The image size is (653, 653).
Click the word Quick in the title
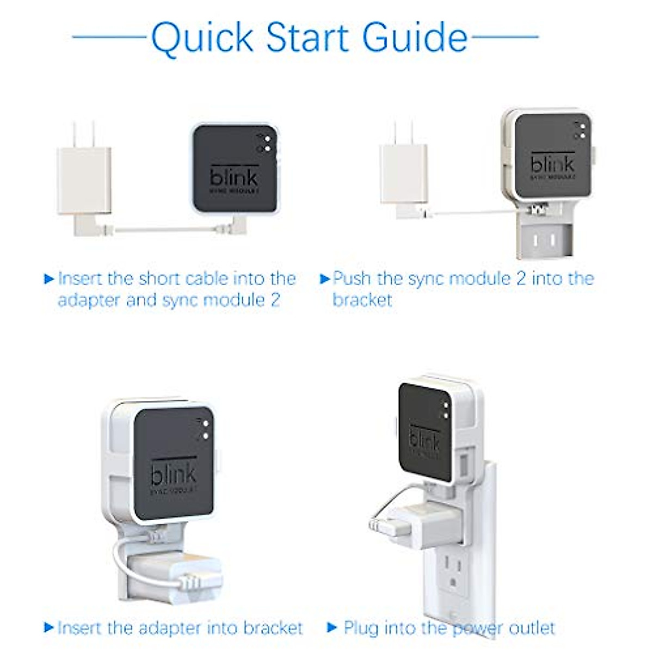point(202,38)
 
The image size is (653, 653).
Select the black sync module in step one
point(235,169)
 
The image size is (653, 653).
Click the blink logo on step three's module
point(173,475)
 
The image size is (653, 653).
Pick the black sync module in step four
point(425,430)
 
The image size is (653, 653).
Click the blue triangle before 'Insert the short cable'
point(49,279)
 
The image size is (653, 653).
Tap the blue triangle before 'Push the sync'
point(325,279)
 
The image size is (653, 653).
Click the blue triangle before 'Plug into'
point(332,627)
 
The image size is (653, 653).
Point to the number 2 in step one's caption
point(275,300)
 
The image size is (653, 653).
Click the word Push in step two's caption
point(352,278)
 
